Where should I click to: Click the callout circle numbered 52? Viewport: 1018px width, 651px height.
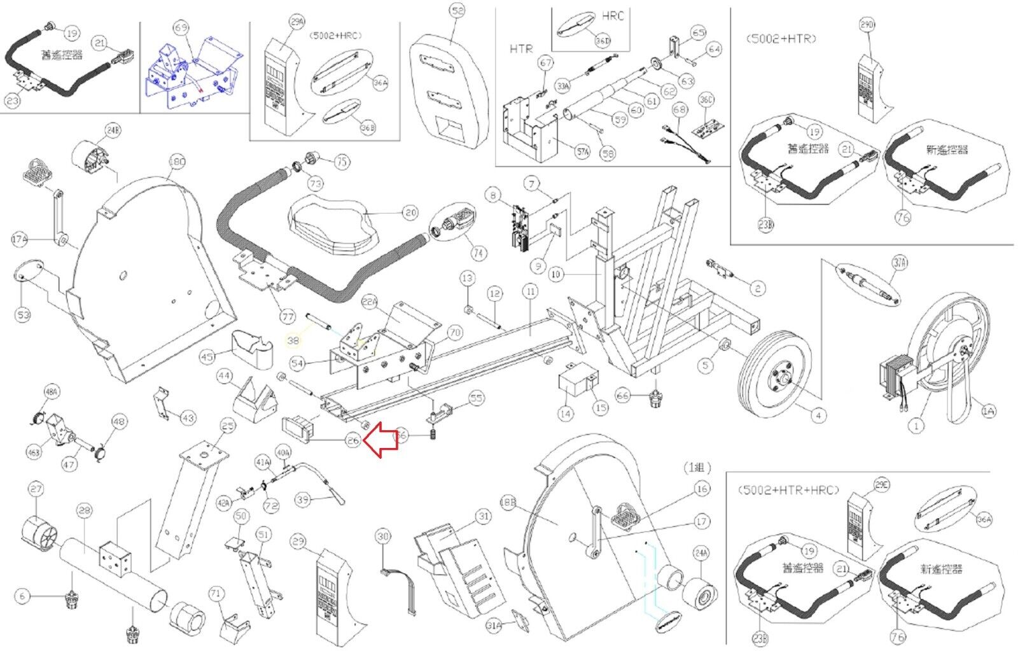457,11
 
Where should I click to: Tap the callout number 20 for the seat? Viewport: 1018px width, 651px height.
410,213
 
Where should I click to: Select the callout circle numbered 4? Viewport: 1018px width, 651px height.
818,416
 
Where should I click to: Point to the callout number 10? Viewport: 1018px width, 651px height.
557,274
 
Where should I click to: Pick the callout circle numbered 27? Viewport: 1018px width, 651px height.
36,489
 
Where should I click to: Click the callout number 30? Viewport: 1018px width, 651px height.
382,536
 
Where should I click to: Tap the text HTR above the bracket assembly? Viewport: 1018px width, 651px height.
520,48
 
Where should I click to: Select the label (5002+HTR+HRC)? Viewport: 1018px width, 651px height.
789,490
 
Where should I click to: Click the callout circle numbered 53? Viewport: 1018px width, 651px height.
23,314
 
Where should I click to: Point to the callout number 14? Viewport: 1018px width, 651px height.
565,414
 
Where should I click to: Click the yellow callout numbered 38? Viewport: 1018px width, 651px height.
293,341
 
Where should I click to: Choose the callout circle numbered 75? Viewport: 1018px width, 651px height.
342,162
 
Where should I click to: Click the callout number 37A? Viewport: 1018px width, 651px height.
899,262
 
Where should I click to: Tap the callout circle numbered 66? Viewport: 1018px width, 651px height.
622,396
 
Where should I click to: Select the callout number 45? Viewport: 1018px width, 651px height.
207,357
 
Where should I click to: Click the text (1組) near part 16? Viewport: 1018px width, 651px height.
697,468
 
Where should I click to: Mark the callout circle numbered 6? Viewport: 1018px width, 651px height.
23,596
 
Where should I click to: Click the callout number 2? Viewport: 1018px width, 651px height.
757,288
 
